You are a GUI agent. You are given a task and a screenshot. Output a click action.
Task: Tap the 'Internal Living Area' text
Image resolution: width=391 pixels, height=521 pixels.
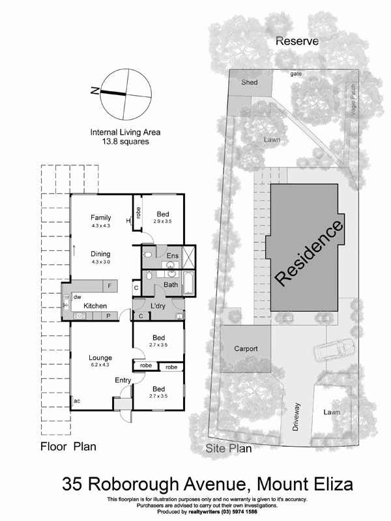125,132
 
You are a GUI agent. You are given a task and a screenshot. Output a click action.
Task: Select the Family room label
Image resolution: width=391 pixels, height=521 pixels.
100,218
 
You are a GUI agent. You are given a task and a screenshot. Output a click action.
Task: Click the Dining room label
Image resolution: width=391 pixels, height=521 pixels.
100,254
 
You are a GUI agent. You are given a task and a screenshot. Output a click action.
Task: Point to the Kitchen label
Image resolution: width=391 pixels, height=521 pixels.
94,305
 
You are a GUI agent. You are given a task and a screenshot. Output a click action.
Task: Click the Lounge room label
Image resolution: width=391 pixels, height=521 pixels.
100,358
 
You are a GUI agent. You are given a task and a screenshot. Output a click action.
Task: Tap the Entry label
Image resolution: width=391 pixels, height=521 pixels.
123,380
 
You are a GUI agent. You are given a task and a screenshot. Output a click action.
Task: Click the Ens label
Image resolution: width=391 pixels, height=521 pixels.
173,256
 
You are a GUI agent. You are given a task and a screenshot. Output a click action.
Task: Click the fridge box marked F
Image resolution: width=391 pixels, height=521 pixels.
109,287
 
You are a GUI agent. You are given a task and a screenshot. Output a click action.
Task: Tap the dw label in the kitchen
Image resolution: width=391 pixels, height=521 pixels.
77,296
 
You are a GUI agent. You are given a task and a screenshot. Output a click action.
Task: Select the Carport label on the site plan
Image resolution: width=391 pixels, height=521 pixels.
246,349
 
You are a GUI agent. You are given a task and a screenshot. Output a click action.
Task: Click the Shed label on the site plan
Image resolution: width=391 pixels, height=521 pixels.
249,83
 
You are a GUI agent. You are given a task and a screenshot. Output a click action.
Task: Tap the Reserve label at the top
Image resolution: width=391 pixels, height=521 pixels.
297,40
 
